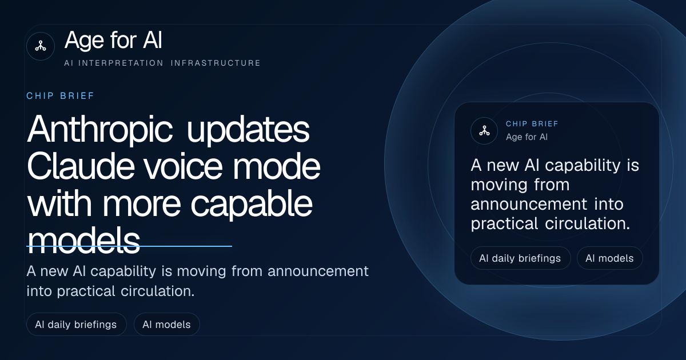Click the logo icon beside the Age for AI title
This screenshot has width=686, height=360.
(41, 46)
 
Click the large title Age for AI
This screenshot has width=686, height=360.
(113, 41)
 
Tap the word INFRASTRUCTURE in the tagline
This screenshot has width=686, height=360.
(216, 63)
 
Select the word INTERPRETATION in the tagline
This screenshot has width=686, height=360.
(121, 63)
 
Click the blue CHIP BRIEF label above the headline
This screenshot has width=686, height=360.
(61, 96)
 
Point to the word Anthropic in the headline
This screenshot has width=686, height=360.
(100, 130)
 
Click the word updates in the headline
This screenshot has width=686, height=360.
(248, 130)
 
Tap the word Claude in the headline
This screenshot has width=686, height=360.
(81, 166)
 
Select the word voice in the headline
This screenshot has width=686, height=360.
(183, 167)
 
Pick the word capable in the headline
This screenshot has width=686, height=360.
(252, 204)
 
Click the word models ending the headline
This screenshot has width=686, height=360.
(83, 241)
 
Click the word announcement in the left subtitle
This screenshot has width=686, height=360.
(318, 271)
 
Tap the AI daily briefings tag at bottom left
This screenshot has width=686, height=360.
(76, 325)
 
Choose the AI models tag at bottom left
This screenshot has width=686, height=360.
(166, 325)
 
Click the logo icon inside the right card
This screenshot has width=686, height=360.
(484, 131)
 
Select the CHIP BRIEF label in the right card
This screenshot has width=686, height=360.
(532, 124)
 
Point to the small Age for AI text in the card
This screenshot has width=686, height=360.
(527, 137)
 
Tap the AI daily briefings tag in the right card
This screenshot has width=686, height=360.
(520, 258)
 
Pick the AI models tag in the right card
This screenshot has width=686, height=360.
(609, 258)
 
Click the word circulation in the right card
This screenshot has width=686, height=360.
(588, 223)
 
